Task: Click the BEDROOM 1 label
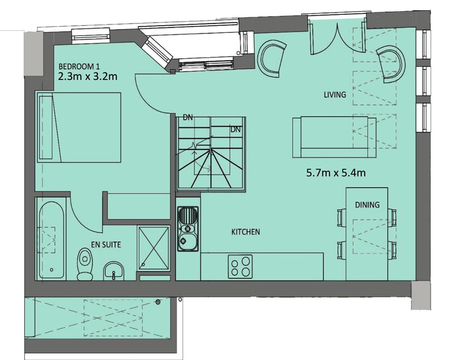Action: (x=79, y=67)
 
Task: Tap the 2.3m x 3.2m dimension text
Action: (x=87, y=76)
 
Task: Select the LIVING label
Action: (x=334, y=95)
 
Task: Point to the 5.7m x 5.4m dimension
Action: (x=336, y=173)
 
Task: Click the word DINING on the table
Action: (x=367, y=205)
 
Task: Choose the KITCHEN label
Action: (x=245, y=232)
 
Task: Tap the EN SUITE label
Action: (x=106, y=244)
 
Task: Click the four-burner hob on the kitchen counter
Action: (x=240, y=266)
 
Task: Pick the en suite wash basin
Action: (x=114, y=271)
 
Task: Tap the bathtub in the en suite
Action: (x=51, y=240)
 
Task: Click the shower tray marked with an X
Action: (x=153, y=248)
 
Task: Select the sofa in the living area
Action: (x=334, y=137)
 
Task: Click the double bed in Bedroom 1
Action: (x=79, y=127)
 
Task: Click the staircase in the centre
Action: (x=211, y=153)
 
